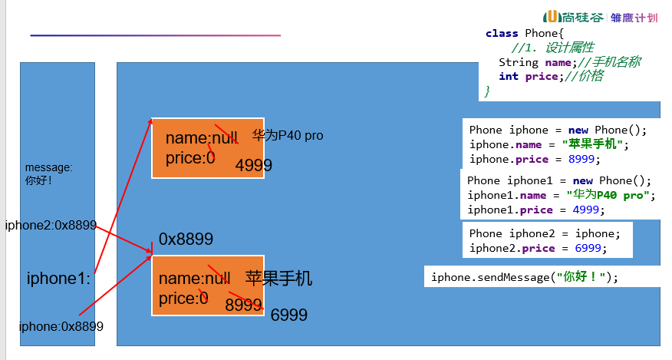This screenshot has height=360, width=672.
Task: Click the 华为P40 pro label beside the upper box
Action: click(288, 136)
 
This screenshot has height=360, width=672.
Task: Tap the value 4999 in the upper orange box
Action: click(253, 166)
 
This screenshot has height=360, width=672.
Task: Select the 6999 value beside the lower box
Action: click(289, 315)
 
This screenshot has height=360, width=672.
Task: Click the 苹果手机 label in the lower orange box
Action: click(278, 279)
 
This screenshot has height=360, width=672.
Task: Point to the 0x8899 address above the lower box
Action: click(186, 239)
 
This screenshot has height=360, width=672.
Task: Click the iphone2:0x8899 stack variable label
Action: click(51, 225)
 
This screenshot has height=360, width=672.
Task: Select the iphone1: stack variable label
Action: click(59, 278)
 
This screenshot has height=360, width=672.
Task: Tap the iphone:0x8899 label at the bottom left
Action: click(61, 326)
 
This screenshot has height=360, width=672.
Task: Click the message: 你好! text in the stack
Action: click(49, 173)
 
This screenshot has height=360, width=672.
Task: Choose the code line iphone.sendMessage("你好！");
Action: click(524, 277)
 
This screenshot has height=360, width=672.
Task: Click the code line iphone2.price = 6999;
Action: click(537, 248)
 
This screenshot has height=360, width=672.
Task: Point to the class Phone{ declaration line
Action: click(524, 33)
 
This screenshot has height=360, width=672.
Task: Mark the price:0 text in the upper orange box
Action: click(189, 158)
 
